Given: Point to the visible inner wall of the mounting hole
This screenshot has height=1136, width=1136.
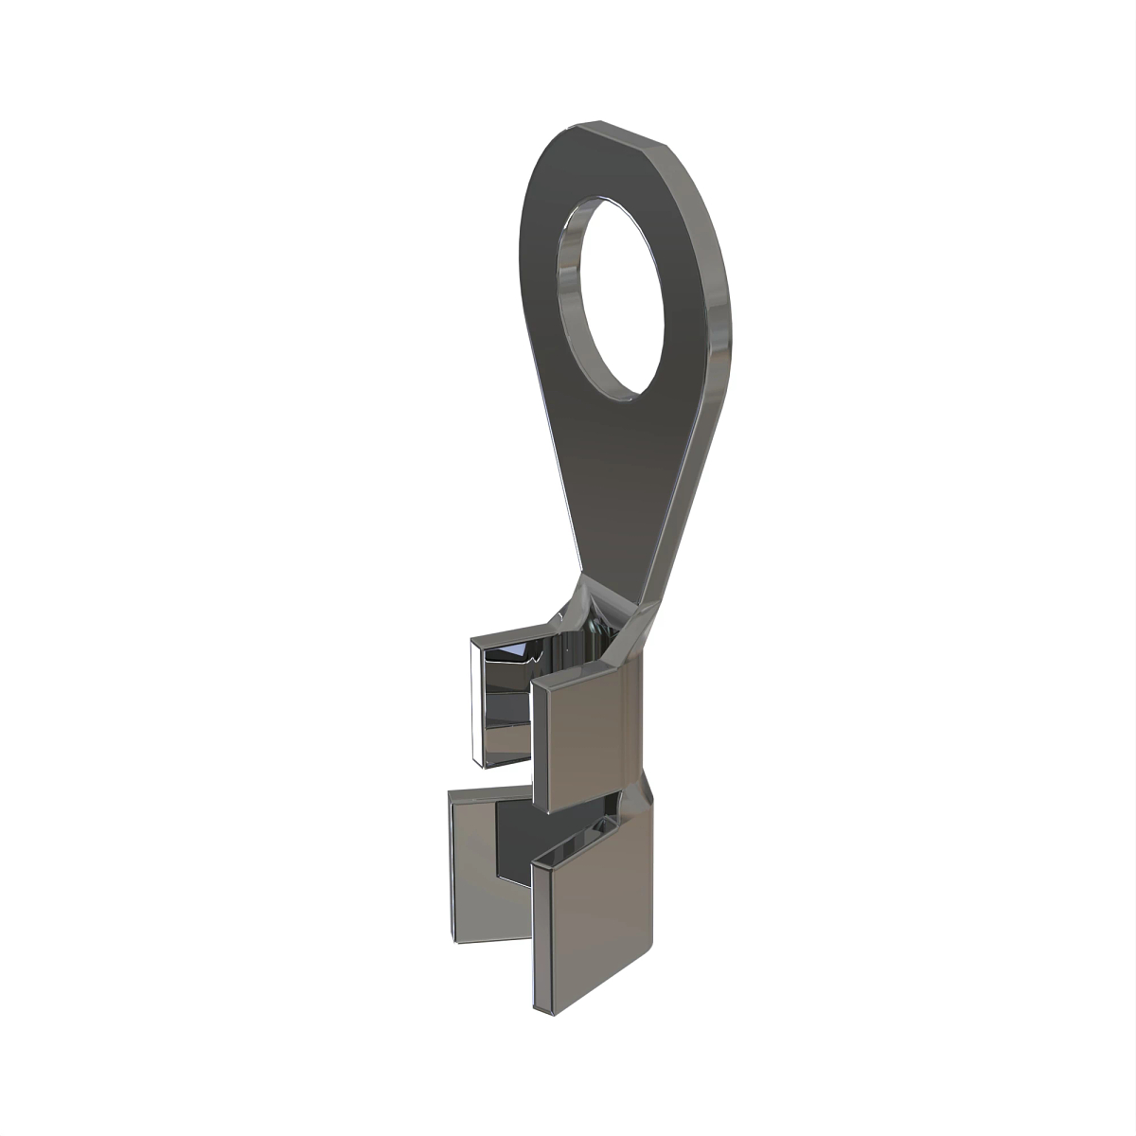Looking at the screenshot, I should pos(571,284).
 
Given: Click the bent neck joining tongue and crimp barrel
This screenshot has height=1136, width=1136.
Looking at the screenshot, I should pos(606,606).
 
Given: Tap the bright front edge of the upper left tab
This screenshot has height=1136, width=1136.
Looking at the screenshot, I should pos(474,701).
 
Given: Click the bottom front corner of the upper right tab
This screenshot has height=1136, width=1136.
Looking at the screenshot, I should pos(541,809).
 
